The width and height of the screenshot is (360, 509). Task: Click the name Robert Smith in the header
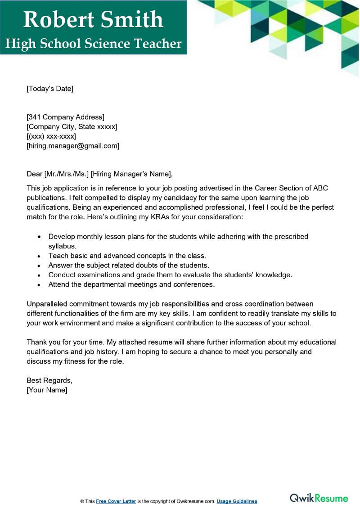[x=93, y=19]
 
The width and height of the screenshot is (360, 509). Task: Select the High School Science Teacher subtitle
[x=94, y=44]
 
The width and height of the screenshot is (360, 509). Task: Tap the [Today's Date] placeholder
[x=50, y=89]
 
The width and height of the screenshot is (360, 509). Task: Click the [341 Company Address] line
[x=66, y=117]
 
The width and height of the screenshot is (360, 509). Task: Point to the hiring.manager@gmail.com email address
[x=73, y=146]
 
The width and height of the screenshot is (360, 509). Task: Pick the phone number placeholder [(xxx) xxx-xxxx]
[x=51, y=136]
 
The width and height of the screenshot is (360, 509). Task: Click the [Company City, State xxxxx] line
[x=72, y=127]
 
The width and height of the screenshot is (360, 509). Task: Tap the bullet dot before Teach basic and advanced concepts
[x=40, y=256]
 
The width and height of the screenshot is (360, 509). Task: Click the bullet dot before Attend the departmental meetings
[x=40, y=284]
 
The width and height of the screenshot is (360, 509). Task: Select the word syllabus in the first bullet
[x=62, y=246]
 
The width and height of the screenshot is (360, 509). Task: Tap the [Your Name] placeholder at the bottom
[x=47, y=390]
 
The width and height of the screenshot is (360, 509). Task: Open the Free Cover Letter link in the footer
[x=116, y=501]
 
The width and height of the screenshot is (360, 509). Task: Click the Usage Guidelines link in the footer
[x=237, y=501]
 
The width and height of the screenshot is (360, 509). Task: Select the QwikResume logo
[x=319, y=498]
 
